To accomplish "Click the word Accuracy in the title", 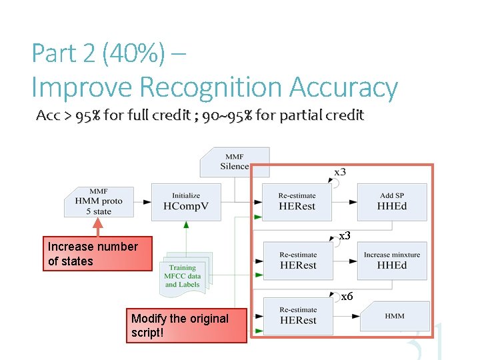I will pyautogui.click(x=344, y=88).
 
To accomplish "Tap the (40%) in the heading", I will pyautogui.click(x=133, y=54).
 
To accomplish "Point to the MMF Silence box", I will pyautogui.click(x=234, y=162).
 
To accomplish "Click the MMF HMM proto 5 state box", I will pyautogui.click(x=99, y=201).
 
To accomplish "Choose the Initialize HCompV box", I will pyautogui.click(x=185, y=201).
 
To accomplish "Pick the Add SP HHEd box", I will pyautogui.click(x=392, y=201).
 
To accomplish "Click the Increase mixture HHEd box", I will pyautogui.click(x=392, y=260).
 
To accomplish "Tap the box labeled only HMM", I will pyautogui.click(x=394, y=316).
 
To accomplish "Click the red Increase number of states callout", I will pyautogui.click(x=97, y=254).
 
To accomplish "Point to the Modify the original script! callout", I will pyautogui.click(x=186, y=325).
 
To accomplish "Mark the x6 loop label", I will pyautogui.click(x=347, y=297).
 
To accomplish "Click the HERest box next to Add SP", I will pyautogui.click(x=297, y=201).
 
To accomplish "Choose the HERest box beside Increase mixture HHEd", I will pyautogui.click(x=297, y=260).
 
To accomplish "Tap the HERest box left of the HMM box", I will pyautogui.click(x=297, y=315).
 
